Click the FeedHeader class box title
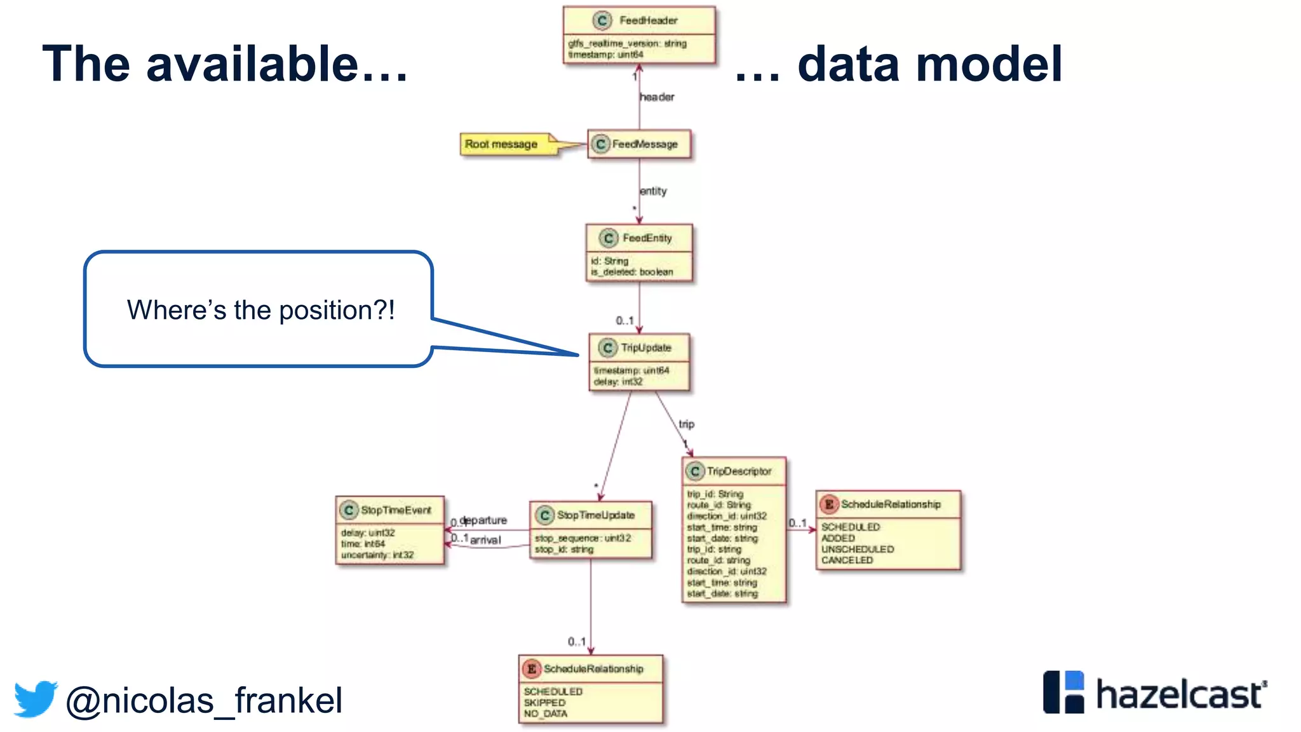(648, 20)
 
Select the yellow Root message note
(502, 144)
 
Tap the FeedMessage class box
(639, 144)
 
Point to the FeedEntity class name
(647, 238)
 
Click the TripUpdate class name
(645, 348)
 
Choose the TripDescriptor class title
(739, 471)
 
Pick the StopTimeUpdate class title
(595, 515)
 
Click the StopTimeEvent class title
(396, 510)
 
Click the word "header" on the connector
(657, 97)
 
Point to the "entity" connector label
(653, 191)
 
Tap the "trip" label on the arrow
(686, 424)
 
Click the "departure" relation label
(484, 520)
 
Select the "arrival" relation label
(485, 540)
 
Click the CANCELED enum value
(847, 560)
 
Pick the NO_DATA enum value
(545, 714)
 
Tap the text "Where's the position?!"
(260, 310)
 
